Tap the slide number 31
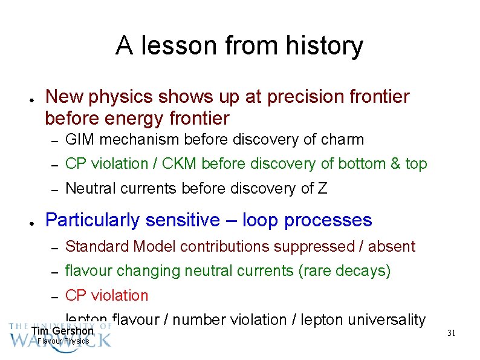tap(451, 333)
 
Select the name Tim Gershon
tap(63, 331)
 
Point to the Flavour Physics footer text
tap(63, 341)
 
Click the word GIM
tap(80, 140)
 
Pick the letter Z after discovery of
tap(322, 189)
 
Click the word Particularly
tap(92, 220)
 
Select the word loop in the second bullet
tap(261, 220)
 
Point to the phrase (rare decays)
tap(345, 271)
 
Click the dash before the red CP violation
tap(54, 296)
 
